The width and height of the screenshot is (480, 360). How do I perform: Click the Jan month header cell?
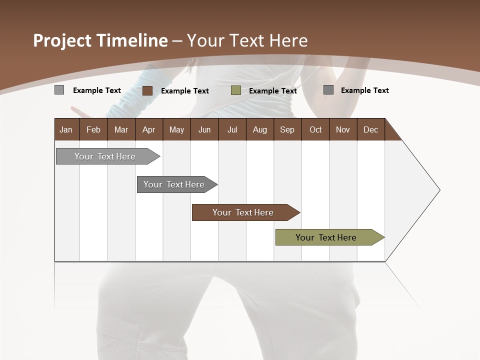click(66, 129)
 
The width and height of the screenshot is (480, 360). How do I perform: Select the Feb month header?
click(93, 129)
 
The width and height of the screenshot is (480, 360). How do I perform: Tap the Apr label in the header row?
click(149, 129)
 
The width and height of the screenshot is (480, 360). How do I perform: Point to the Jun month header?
click(204, 129)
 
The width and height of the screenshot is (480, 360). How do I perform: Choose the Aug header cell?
click(260, 129)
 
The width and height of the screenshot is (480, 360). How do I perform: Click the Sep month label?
click(287, 129)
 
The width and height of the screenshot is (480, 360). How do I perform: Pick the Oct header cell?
click(315, 129)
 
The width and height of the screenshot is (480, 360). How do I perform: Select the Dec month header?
click(371, 129)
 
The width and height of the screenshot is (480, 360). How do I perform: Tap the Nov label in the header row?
click(343, 129)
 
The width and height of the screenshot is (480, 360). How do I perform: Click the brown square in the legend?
click(147, 90)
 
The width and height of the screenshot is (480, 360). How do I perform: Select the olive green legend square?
click(236, 90)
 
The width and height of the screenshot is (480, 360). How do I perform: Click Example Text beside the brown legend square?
click(185, 91)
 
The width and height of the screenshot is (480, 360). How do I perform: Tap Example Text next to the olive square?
click(273, 91)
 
